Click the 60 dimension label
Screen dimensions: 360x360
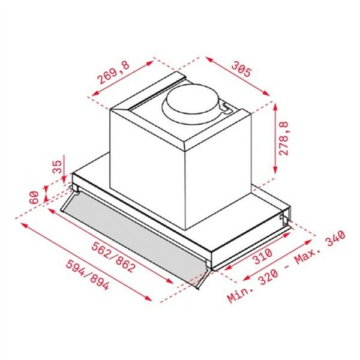34,197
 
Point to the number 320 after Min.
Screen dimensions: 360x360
267,277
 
